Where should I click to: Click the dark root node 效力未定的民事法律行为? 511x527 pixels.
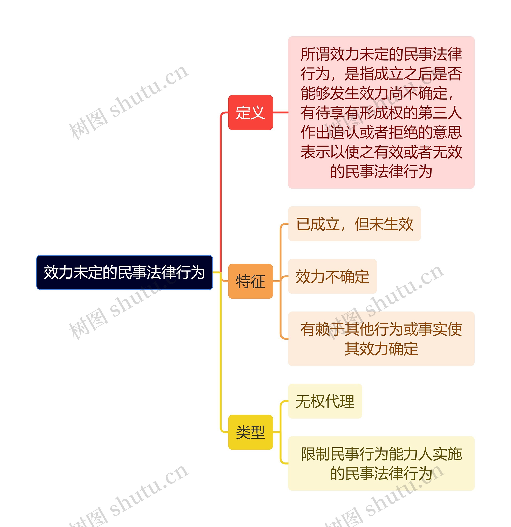(125, 272)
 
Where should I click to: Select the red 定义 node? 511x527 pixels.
(250, 112)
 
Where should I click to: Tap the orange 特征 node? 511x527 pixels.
(250, 281)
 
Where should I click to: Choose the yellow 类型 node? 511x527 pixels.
(250, 432)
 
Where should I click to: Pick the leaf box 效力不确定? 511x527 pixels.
(332, 276)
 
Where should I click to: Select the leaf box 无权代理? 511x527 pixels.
(325, 401)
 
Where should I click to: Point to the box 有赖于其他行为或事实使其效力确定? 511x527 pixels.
(381, 339)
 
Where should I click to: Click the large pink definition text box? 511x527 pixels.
(381, 112)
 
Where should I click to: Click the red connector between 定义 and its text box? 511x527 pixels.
(280, 112)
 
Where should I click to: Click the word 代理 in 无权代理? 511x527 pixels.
(340, 401)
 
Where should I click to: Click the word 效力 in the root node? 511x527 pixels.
(58, 272)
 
